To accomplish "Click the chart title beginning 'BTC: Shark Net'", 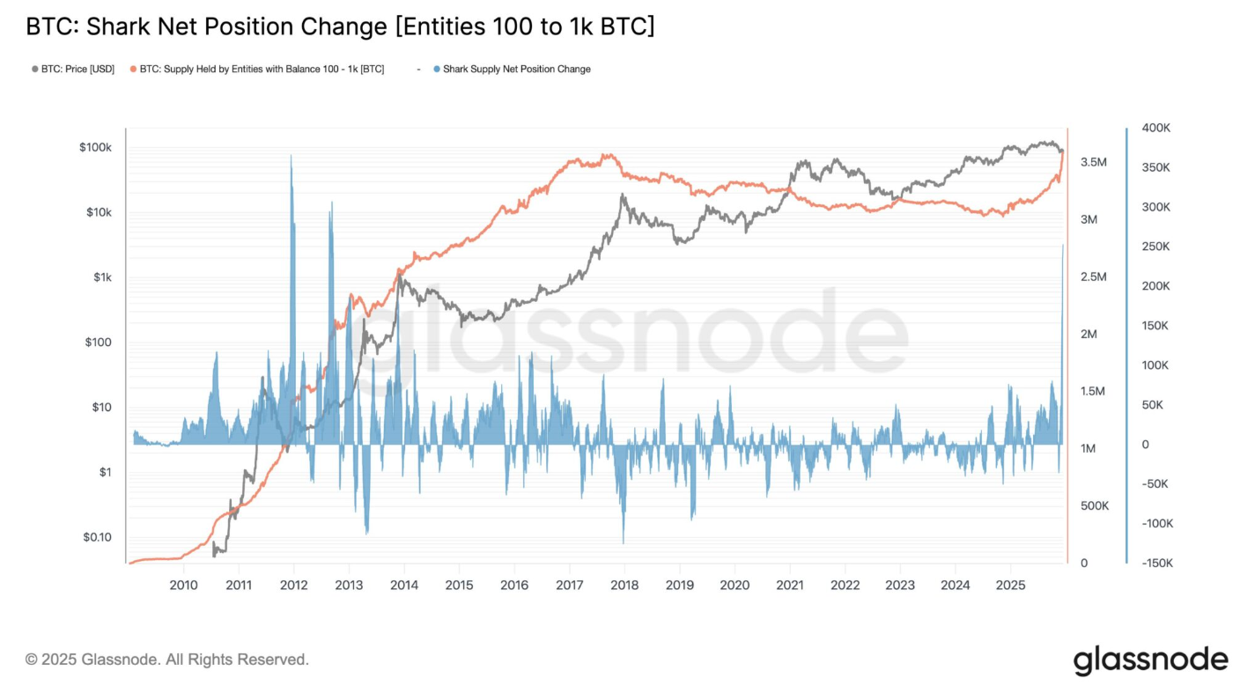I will [x=340, y=26].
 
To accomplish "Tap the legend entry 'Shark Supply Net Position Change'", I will [x=516, y=69].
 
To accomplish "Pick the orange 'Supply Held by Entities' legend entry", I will [x=261, y=69].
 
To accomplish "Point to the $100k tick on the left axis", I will [x=95, y=147].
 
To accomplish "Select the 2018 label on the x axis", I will [x=624, y=585].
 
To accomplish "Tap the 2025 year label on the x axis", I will [x=1010, y=585].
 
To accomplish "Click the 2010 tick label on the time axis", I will [x=183, y=585].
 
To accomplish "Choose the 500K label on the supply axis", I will [x=1094, y=506].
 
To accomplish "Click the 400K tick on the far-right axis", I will [x=1155, y=129].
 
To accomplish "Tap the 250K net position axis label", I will [x=1155, y=247].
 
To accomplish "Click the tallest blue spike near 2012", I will [x=292, y=156].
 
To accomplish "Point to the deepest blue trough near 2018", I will [x=623, y=542].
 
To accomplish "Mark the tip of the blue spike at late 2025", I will [x=1063, y=245].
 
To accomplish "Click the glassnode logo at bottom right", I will [x=1150, y=660].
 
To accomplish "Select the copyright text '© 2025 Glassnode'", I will [x=167, y=660].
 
